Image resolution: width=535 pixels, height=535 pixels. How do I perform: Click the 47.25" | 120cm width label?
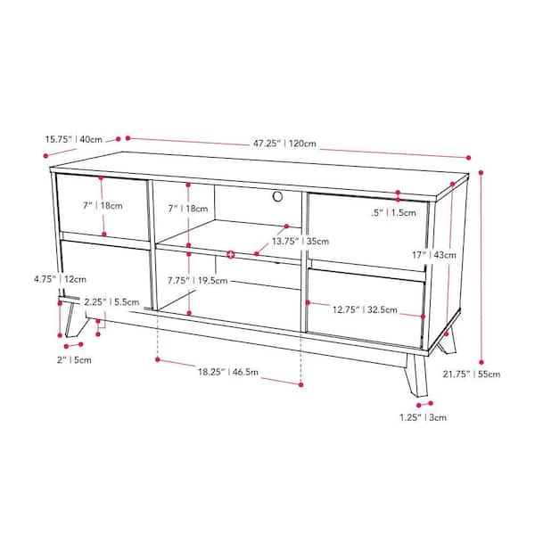click(284, 144)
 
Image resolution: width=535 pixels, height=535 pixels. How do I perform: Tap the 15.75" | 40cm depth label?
click(74, 139)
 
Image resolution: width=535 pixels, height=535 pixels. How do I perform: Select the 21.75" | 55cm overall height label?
click(471, 374)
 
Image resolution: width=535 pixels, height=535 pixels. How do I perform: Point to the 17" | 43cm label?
click(433, 255)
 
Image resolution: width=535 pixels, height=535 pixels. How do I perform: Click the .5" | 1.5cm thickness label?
click(393, 213)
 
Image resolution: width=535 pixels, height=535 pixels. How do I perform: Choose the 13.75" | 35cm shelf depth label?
click(300, 242)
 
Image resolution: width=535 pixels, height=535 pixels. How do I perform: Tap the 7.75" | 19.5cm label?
click(197, 281)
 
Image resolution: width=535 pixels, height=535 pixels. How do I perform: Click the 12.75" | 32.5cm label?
click(365, 309)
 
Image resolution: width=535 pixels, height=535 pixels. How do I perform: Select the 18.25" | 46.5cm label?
click(228, 372)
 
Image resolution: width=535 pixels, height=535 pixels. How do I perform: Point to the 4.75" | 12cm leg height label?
click(60, 279)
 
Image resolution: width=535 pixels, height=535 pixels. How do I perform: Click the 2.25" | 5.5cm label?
click(112, 302)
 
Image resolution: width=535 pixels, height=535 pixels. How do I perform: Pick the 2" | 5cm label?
click(74, 359)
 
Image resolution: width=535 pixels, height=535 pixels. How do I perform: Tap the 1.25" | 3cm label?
click(423, 417)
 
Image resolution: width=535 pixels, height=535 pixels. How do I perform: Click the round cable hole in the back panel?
click(277, 196)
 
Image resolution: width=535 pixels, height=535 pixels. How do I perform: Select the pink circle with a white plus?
click(231, 254)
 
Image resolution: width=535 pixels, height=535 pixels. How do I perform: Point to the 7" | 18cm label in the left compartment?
click(103, 205)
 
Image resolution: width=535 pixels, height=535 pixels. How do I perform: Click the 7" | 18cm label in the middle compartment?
click(187, 209)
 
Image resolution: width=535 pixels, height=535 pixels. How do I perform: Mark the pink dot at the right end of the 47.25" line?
click(468, 158)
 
